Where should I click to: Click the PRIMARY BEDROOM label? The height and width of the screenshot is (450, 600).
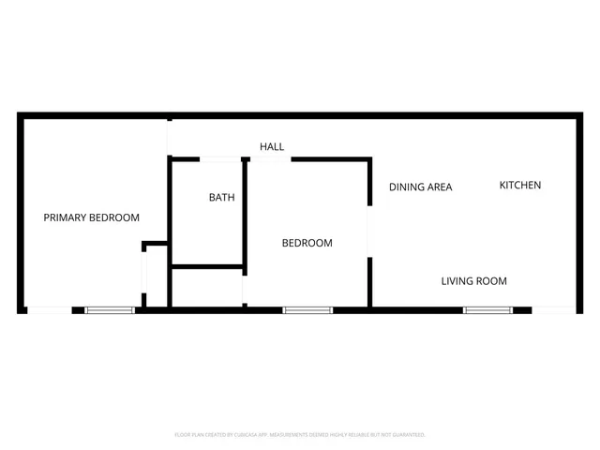[x=92, y=217]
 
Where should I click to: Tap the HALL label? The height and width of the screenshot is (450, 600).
[x=272, y=147]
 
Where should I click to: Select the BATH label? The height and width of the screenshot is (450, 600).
[x=221, y=198]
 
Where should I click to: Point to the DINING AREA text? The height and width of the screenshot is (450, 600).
[x=421, y=187]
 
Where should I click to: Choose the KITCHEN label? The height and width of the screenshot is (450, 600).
[x=519, y=186]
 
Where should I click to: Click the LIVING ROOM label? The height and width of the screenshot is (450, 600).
[x=474, y=281]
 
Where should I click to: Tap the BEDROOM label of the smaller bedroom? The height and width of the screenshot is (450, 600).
[x=307, y=244]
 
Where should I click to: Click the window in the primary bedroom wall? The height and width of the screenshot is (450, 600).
[x=111, y=310]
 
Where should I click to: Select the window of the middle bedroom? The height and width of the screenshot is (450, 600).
[x=307, y=310]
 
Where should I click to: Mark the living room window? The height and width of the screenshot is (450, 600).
[x=487, y=310]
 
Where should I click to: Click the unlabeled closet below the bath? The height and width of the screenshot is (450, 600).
[x=207, y=288]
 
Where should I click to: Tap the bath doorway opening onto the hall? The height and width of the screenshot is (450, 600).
[x=222, y=158]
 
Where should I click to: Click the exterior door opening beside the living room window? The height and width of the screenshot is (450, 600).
[x=554, y=310]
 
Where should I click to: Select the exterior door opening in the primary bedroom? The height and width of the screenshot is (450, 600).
[x=49, y=310]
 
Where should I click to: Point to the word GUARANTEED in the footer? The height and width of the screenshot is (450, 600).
[x=405, y=435]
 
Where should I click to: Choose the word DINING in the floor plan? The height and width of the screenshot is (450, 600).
[x=406, y=187]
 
